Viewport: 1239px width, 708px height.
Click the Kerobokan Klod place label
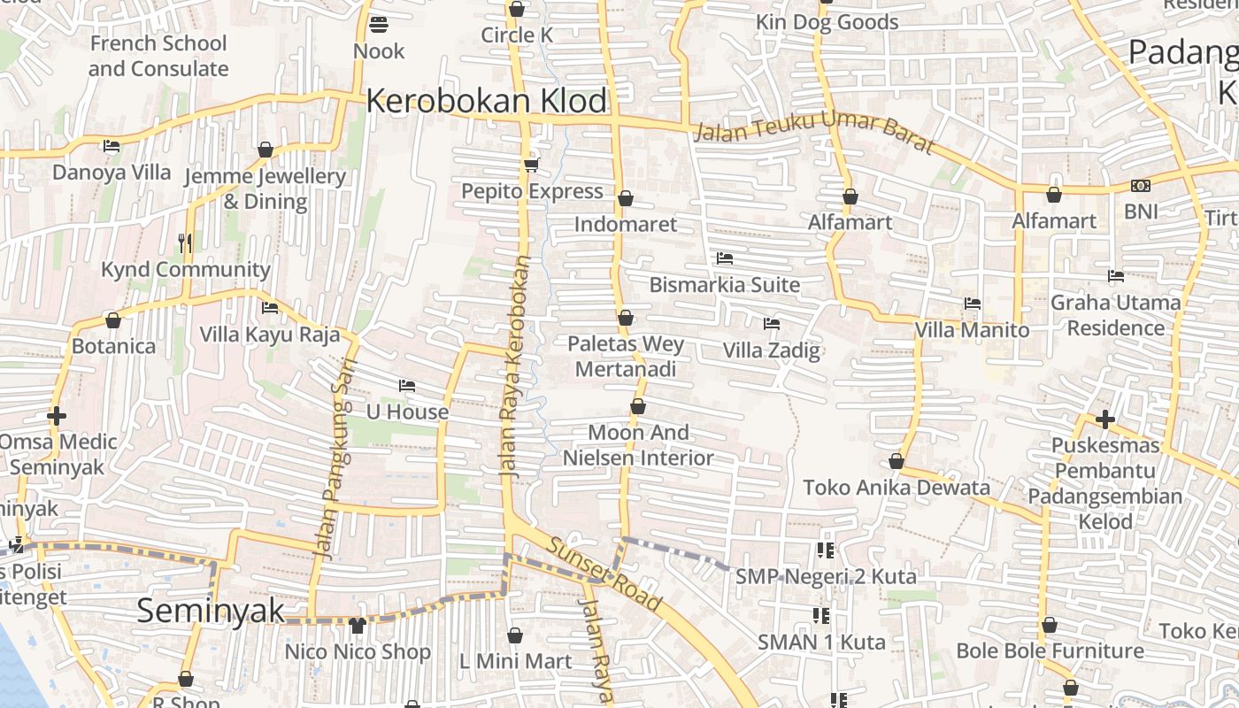[486, 101]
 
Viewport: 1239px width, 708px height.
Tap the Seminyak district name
[211, 611]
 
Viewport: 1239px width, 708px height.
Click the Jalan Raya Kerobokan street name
[517, 367]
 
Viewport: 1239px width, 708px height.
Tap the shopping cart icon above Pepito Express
[532, 165]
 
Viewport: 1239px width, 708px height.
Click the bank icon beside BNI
[1140, 186]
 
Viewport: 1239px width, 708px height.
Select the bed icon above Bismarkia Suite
[724, 258]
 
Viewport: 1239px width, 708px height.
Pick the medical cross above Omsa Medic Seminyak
[57, 415]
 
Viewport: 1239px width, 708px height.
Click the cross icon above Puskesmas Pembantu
[1104, 419]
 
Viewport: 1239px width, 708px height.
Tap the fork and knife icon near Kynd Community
[185, 242]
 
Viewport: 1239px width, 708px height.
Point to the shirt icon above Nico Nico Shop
[357, 626]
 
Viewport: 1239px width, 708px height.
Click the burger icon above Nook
[379, 24]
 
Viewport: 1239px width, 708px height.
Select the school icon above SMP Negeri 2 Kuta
[826, 550]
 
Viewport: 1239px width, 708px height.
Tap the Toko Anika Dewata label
[897, 488]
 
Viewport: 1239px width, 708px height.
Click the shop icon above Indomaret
[625, 198]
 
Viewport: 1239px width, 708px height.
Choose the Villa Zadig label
[771, 350]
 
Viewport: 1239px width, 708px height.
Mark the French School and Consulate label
[158, 56]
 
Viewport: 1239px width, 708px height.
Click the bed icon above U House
[407, 386]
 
